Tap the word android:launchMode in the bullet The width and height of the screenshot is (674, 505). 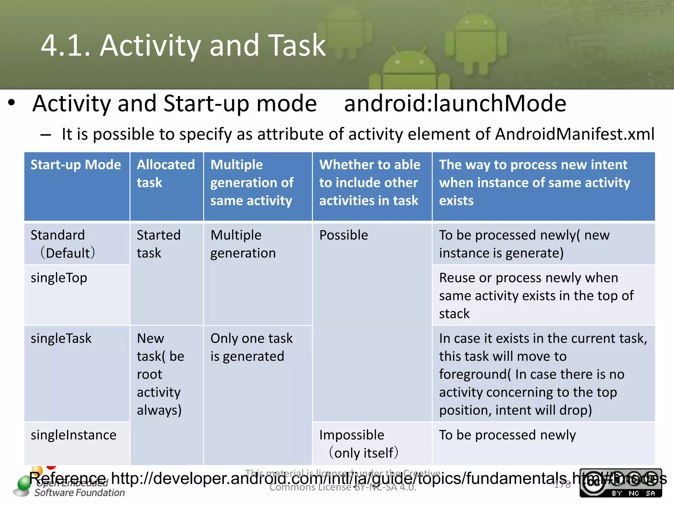point(455,104)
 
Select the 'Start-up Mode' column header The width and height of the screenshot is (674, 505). point(76,165)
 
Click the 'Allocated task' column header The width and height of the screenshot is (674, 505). point(166,173)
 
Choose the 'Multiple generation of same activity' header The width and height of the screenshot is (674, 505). point(252,182)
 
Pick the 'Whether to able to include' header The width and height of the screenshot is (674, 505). point(370,182)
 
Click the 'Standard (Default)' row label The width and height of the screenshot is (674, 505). point(63,244)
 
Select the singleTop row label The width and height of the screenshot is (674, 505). point(59,278)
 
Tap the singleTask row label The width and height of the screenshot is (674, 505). point(61,339)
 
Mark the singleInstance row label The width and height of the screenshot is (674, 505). point(73,435)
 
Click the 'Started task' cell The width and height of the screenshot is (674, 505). point(158,244)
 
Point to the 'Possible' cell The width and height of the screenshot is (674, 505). point(344,235)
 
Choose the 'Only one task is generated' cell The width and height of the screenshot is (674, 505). point(251,347)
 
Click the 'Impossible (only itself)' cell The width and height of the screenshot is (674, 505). point(359,444)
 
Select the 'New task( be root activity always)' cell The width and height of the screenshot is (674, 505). point(160,374)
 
